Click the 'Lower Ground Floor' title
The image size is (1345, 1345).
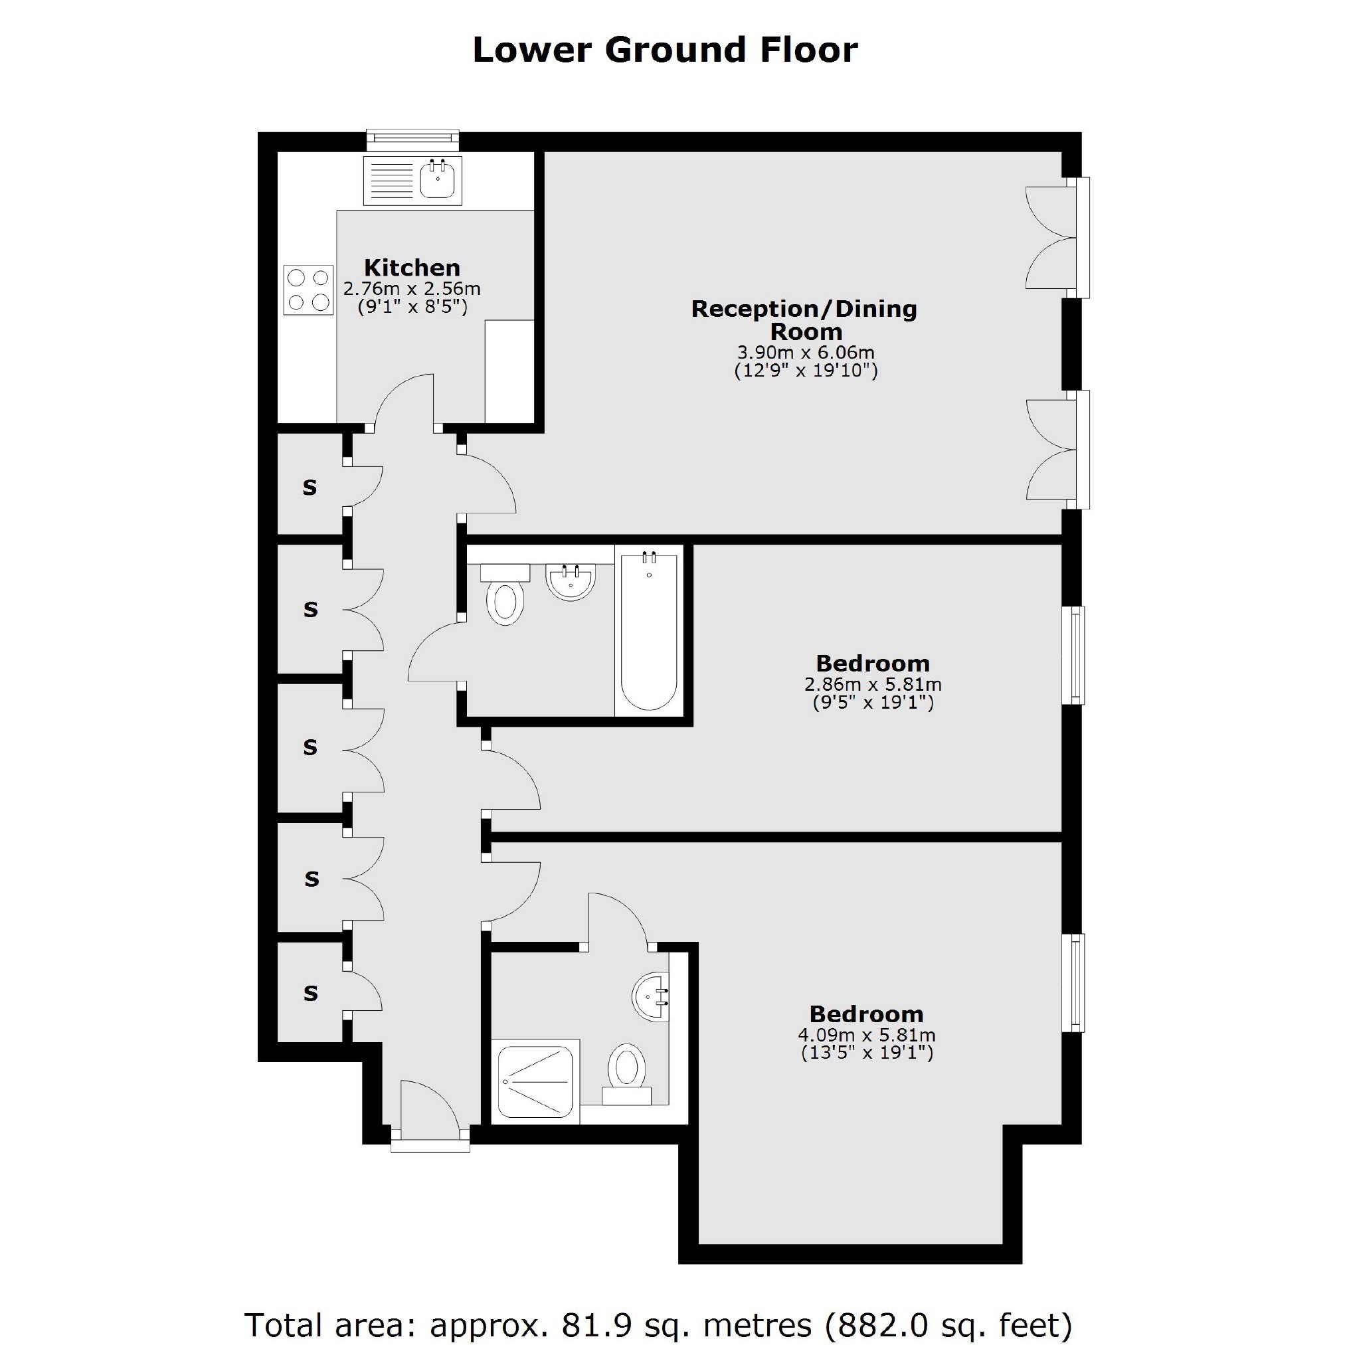click(665, 50)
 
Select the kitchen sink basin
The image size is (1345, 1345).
click(437, 178)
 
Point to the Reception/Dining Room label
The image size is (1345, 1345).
click(805, 319)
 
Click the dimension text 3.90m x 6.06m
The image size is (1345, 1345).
click(806, 353)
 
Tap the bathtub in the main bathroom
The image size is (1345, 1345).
click(649, 630)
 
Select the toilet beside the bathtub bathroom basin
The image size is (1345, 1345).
click(505, 595)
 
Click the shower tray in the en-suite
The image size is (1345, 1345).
click(535, 1081)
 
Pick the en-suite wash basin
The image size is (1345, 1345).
click(651, 996)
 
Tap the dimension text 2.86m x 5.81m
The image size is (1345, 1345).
click(873, 684)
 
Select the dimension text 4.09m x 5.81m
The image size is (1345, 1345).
click(867, 1035)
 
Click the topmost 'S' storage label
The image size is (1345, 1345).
click(310, 488)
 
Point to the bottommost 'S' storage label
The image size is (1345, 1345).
click(310, 994)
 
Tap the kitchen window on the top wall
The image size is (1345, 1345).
click(414, 140)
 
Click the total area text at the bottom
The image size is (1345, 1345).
click(658, 1306)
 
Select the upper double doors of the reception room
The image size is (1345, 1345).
click(1057, 237)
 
